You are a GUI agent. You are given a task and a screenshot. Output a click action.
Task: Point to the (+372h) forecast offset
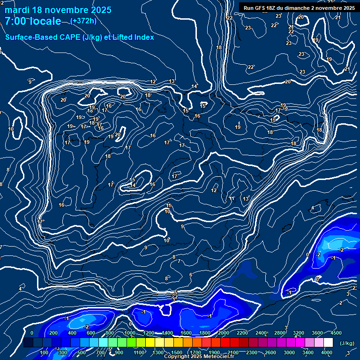pyautogui.click(x=83, y=21)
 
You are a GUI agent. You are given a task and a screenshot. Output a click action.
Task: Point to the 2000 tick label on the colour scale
pyautogui.click(x=223, y=333)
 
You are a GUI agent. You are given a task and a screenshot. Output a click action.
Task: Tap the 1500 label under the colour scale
pyautogui.click(x=177, y=352)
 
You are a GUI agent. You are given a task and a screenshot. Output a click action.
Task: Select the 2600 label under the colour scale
pyautogui.click(x=270, y=352)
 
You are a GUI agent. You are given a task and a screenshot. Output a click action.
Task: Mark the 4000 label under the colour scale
pyautogui.click(x=327, y=352)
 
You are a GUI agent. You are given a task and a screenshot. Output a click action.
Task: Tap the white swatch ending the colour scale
pyautogui.click(x=328, y=343)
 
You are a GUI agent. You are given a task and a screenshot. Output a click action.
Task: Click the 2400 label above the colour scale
pyautogui.click(x=261, y=333)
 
